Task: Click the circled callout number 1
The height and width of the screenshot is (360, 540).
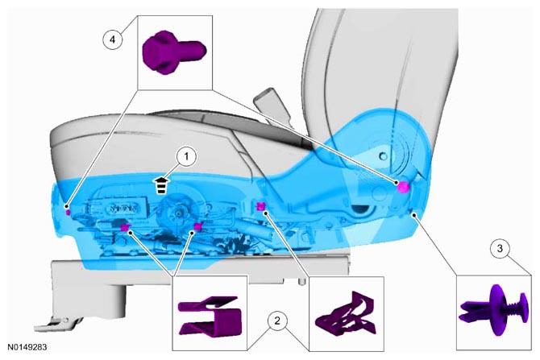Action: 186,157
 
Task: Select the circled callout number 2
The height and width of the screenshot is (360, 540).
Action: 277,321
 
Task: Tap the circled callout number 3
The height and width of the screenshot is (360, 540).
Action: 500,248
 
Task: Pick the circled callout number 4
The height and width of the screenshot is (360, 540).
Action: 113,40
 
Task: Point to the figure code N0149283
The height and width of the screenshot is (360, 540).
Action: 27,347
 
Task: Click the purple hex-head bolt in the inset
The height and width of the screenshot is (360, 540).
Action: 174,52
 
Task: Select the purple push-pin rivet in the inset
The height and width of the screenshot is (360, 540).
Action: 493,309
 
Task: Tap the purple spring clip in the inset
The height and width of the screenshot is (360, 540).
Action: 346,313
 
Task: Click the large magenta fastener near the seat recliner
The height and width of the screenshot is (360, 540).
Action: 403,187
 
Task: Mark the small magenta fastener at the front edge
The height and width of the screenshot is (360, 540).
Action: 69,212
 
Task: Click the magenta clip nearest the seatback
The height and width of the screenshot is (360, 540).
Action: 261,206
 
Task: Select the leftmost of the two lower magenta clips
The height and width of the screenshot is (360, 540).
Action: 125,227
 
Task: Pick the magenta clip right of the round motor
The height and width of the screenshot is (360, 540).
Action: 197,226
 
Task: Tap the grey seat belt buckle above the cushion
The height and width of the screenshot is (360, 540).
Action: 272,104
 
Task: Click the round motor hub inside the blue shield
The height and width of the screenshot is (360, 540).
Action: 179,213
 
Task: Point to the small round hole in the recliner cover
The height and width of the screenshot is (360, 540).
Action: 383,156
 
